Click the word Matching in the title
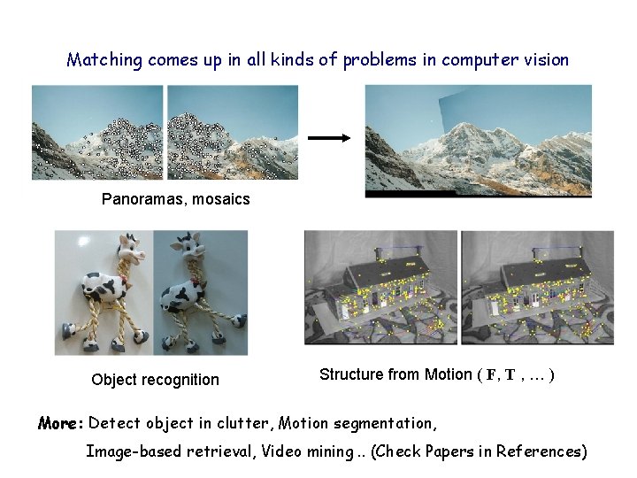coord(104,60)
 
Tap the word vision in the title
coord(547,60)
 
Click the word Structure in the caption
coord(351,374)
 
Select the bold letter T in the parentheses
coord(510,375)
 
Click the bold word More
coord(60,423)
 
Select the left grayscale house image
coord(381,288)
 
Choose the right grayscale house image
coord(537,288)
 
